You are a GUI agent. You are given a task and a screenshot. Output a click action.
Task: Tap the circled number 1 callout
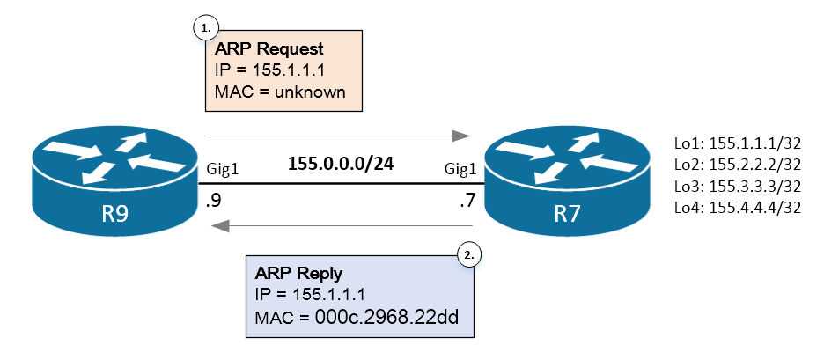[x=205, y=28]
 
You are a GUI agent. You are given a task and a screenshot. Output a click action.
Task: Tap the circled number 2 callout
[x=470, y=255]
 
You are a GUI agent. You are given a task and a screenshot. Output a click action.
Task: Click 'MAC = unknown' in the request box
[x=280, y=91]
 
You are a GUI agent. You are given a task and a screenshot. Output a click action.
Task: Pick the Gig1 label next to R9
[x=223, y=167]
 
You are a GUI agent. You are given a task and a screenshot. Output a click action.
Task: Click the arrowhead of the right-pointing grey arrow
[x=460, y=136]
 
